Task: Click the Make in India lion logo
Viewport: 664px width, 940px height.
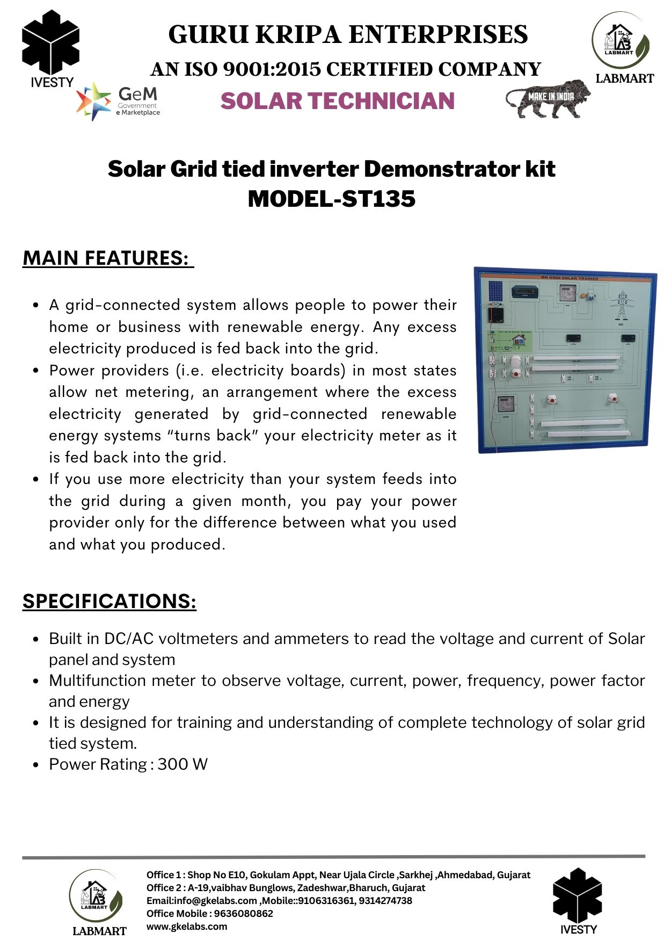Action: [x=548, y=98]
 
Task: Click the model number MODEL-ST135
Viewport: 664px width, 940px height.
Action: [x=331, y=199]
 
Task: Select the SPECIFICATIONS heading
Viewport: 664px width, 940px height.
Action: [x=109, y=601]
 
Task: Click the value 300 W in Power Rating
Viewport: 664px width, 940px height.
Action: [x=183, y=764]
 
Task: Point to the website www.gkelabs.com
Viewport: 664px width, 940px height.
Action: [x=187, y=927]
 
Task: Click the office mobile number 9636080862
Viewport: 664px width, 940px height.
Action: [x=244, y=914]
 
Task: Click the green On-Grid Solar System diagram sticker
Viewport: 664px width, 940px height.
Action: [x=509, y=341]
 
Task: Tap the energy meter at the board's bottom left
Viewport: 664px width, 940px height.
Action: [x=505, y=404]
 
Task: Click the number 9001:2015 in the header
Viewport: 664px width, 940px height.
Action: [x=271, y=69]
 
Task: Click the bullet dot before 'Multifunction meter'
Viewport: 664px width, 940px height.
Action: [x=35, y=681]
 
